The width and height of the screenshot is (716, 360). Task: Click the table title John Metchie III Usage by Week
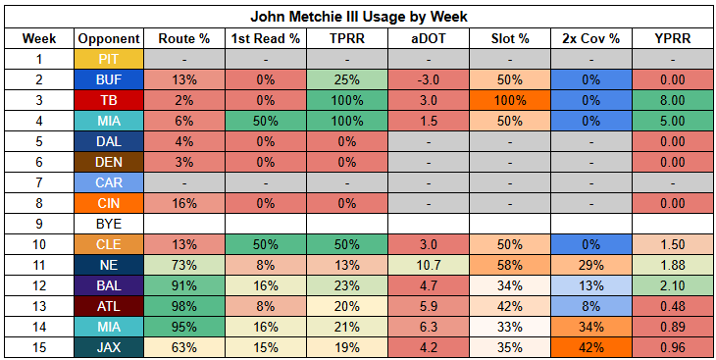click(x=358, y=17)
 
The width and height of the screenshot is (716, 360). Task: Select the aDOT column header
click(x=429, y=39)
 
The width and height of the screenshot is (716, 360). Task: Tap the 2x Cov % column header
click(x=591, y=39)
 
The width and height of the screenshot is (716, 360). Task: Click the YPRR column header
click(x=673, y=39)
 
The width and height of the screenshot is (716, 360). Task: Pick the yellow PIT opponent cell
click(x=109, y=60)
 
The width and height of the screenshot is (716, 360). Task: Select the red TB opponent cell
click(x=109, y=100)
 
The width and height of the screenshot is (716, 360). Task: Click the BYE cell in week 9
click(x=109, y=224)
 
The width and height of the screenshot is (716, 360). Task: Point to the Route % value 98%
click(x=184, y=306)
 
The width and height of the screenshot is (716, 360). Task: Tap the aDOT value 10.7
click(x=429, y=265)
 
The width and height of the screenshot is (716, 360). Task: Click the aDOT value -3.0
click(x=429, y=80)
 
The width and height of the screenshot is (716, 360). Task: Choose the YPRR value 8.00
click(x=673, y=100)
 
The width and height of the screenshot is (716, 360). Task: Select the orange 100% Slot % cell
click(x=510, y=100)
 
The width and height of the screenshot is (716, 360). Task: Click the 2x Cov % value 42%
click(x=591, y=347)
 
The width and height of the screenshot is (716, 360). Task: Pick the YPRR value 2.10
click(x=673, y=285)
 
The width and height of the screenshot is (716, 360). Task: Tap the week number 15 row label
click(x=39, y=347)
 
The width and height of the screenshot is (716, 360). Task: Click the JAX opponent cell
click(x=109, y=347)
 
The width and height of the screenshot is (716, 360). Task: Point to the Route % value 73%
click(x=184, y=265)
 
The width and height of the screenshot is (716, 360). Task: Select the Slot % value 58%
click(x=510, y=265)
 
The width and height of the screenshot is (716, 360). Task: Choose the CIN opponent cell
click(x=109, y=203)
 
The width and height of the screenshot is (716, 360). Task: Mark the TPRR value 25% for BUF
click(x=347, y=80)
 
